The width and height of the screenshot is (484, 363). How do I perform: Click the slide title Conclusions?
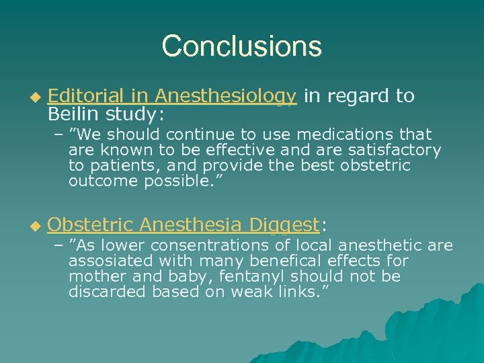242,46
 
